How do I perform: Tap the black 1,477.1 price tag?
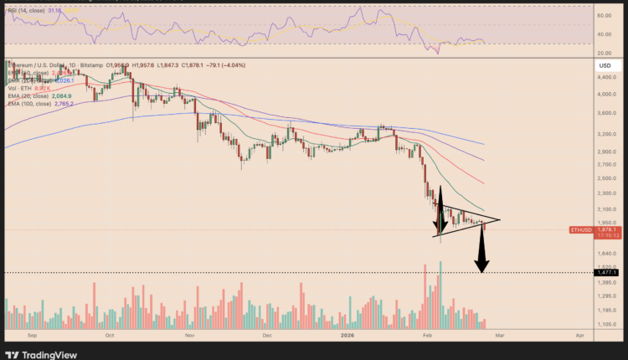pyautogui.click(x=607, y=272)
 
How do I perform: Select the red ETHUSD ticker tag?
pyautogui.click(x=580, y=229)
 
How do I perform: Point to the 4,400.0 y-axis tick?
pyautogui.click(x=607, y=77)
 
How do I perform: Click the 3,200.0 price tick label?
pyautogui.click(x=607, y=133)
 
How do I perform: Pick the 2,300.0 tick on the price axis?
pyautogui.click(x=607, y=193)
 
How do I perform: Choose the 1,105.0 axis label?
pyautogui.click(x=607, y=324)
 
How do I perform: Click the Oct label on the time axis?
pyautogui.click(x=110, y=333)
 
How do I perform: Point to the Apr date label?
pyautogui.click(x=579, y=333)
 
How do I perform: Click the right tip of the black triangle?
pyautogui.click(x=500, y=220)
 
